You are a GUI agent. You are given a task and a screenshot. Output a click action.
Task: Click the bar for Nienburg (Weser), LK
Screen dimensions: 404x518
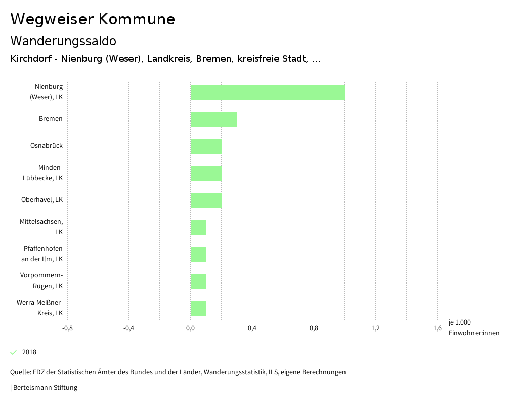pyautogui.click(x=268, y=93)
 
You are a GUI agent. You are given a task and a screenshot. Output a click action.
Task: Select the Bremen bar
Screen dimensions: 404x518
pyautogui.click(x=213, y=119)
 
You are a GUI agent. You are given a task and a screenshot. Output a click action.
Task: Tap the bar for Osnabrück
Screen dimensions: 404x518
pyautogui.click(x=206, y=146)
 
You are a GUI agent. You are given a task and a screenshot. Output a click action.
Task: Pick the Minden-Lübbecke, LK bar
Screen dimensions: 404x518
pyautogui.click(x=206, y=174)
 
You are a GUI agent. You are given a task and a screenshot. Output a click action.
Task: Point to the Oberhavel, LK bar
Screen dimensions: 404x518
pyautogui.click(x=206, y=200)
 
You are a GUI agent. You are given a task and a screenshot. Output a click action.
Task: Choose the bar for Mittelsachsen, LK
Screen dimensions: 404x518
pyautogui.click(x=198, y=228)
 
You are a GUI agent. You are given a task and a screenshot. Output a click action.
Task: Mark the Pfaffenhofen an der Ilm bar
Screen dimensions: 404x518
pyautogui.click(x=198, y=255)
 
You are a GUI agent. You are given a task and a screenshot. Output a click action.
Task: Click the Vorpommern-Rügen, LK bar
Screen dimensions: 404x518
pyautogui.click(x=198, y=281)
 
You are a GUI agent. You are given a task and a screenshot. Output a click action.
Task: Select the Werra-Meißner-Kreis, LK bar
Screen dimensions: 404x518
pyautogui.click(x=198, y=309)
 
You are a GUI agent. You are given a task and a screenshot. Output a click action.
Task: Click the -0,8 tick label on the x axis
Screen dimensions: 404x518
pyautogui.click(x=67, y=328)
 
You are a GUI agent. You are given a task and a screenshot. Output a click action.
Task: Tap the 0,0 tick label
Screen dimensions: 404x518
pyautogui.click(x=190, y=328)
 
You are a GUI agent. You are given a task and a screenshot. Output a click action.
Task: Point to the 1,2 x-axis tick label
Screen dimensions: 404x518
pyautogui.click(x=375, y=328)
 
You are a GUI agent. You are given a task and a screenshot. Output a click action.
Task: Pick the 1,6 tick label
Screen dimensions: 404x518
pyautogui.click(x=437, y=328)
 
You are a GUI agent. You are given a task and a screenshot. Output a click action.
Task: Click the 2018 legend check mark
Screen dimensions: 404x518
pyautogui.click(x=14, y=352)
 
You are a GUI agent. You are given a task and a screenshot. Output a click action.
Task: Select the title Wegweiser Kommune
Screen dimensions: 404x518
pyautogui.click(x=93, y=19)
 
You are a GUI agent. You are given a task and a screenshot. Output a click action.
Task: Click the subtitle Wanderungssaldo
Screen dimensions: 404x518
pyautogui.click(x=63, y=41)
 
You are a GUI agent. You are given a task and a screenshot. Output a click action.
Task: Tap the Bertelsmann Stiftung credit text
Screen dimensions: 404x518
pyautogui.click(x=45, y=388)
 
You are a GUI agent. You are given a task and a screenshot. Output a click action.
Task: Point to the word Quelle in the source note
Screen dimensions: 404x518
pyautogui.click(x=20, y=372)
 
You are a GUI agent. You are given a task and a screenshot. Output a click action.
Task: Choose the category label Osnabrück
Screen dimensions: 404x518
pyautogui.click(x=47, y=146)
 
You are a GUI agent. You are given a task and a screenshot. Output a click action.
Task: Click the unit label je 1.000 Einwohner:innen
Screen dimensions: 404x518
pyautogui.click(x=473, y=328)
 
